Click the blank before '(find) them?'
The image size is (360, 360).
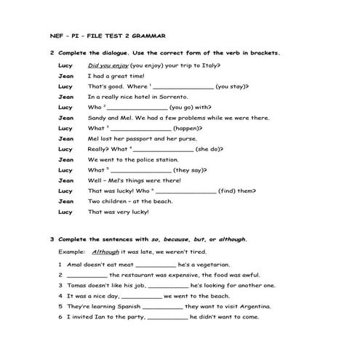click(186, 191)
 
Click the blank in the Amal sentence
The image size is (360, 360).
click(156, 265)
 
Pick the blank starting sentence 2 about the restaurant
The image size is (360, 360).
click(87, 276)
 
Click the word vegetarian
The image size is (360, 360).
click(212, 265)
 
